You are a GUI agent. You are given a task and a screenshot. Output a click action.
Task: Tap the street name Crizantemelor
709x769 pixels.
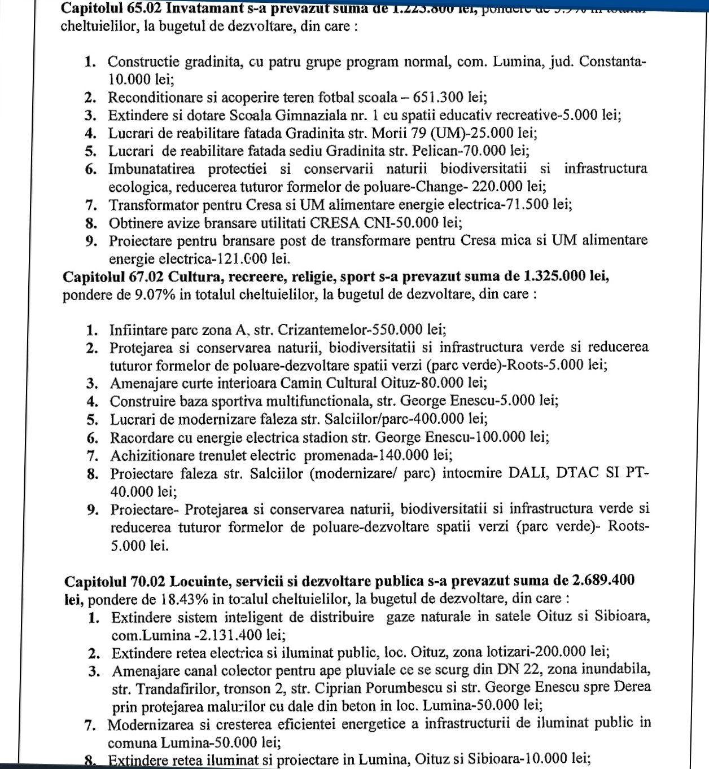coord(323,330)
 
